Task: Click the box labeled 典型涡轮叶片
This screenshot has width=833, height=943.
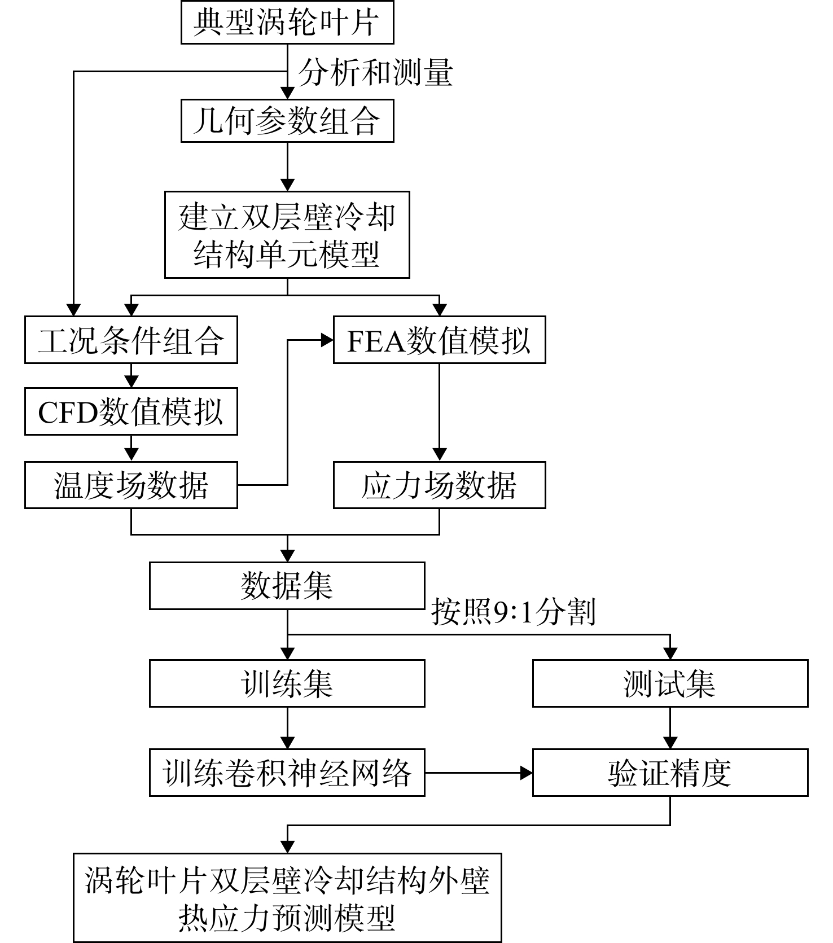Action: tap(287, 22)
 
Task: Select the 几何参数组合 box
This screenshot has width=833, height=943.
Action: tap(287, 120)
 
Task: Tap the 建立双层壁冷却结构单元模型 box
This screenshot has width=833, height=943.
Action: tap(287, 235)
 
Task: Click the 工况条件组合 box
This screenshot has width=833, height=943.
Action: tap(131, 340)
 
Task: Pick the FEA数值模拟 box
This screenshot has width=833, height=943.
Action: tap(440, 340)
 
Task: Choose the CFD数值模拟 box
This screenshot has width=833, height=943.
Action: tap(131, 411)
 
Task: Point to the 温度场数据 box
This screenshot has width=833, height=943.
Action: tap(131, 485)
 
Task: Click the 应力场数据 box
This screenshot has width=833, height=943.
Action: tap(440, 485)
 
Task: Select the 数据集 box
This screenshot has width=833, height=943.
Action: tap(287, 586)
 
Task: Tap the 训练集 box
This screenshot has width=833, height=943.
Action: tap(287, 683)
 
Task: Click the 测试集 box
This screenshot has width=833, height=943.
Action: tap(670, 683)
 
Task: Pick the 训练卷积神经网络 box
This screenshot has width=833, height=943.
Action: tap(287, 773)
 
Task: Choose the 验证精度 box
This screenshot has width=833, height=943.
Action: tap(670, 773)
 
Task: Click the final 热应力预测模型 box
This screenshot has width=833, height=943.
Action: tap(287, 897)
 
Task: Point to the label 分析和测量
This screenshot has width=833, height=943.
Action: tap(376, 73)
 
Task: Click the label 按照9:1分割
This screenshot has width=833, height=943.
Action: tap(514, 612)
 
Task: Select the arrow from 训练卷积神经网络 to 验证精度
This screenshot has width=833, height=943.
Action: tap(479, 773)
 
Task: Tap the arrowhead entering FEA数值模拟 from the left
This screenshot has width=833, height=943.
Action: tap(327, 340)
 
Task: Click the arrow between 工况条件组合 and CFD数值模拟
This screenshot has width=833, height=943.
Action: tap(131, 375)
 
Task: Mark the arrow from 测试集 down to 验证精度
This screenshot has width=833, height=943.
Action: tap(670, 728)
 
